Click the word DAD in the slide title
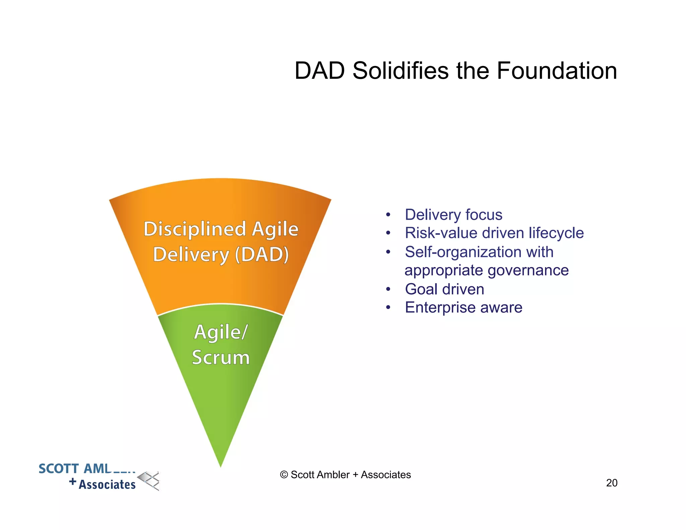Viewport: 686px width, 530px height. [320, 71]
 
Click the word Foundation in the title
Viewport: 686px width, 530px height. [556, 71]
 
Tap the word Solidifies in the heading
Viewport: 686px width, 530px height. [400, 71]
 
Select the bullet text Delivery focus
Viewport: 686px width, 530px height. [453, 215]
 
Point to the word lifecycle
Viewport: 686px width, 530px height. [556, 233]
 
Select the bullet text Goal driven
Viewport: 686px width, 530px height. [444, 289]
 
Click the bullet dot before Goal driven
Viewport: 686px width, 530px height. [388, 289]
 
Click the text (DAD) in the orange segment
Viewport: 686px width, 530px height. [262, 255]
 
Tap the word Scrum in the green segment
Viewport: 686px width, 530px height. [221, 357]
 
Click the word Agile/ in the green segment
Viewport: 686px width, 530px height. [221, 332]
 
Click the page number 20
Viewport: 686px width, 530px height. [612, 483]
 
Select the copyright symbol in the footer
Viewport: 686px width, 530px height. [284, 475]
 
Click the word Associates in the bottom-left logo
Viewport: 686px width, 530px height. [107, 484]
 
